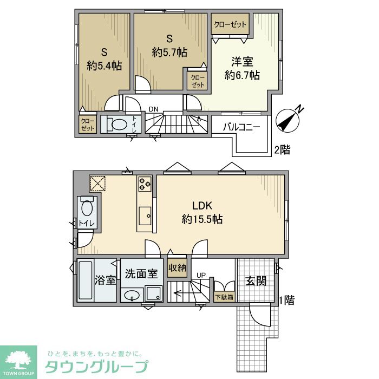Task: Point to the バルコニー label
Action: tap(242, 128)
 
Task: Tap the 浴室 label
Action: tap(105, 280)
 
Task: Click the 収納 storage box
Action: tap(177, 267)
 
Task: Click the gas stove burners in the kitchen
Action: tap(145, 184)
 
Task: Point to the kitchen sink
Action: tap(145, 215)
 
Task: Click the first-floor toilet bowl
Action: tap(87, 208)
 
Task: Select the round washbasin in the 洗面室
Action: tap(132, 296)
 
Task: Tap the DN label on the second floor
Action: tap(154, 109)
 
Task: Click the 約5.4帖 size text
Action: tap(104, 66)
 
